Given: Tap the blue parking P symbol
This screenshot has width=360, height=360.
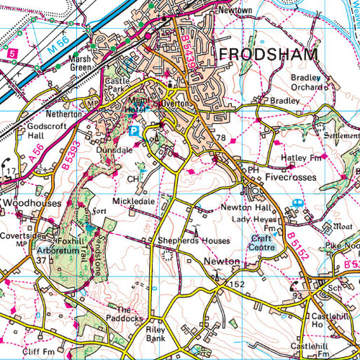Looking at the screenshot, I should coord(134,130).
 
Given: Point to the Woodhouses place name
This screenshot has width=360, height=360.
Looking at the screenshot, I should coord(27,204).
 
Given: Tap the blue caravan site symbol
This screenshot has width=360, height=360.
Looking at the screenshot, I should coord(296,204).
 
